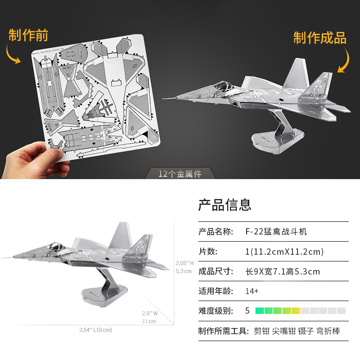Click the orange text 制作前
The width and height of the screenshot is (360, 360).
point(28,36)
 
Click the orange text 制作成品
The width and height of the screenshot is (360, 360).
point(320,38)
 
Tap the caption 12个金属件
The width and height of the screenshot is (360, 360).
point(180,174)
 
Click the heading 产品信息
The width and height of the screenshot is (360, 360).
point(225,205)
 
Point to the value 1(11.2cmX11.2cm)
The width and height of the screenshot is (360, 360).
point(284,252)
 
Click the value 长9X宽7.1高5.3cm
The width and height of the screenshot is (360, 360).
point(282,271)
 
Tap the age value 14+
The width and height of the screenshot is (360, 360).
point(252,291)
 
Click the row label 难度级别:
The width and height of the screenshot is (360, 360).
point(216,310)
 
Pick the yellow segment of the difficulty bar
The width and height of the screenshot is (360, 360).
point(296,310)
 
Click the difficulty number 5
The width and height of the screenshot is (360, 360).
point(247,310)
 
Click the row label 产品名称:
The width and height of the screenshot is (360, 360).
point(216,232)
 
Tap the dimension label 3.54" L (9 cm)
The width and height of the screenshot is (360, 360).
point(95,330)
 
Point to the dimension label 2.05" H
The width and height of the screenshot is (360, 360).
point(184,263)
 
